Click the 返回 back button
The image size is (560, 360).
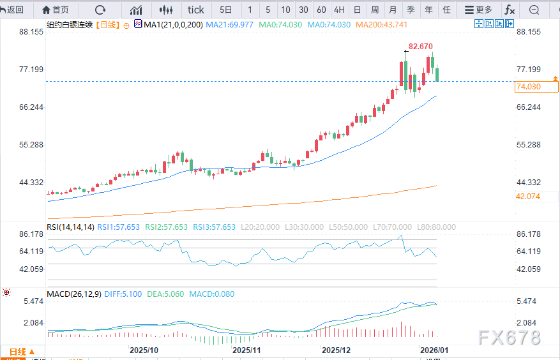coord(13,10)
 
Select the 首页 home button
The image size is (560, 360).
coord(56,10)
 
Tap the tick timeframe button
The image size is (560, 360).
coord(196,10)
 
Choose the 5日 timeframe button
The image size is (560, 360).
coord(226,10)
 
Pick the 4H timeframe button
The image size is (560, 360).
coord(339,10)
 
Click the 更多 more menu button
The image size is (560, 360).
coord(479,10)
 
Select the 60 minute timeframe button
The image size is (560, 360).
coord(321,10)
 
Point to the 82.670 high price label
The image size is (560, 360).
coord(421,46)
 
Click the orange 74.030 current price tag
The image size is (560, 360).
coord(528,87)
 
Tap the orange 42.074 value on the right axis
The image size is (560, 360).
coord(528,196)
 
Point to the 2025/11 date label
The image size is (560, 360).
coord(247,350)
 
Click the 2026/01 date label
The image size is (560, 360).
coord(434,350)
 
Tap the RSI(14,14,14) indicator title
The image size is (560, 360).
coord(71,227)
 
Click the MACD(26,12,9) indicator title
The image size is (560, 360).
coord(74,294)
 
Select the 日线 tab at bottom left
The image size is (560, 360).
coord(22,352)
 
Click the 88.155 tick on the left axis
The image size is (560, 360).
coord(31,32)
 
